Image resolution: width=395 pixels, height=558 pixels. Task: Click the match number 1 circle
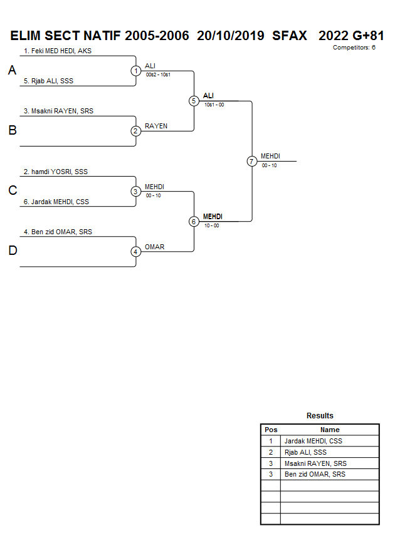(x=135, y=71)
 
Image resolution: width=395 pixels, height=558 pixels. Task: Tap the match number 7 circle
(x=251, y=161)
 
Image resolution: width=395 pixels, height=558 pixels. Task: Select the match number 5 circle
(x=194, y=101)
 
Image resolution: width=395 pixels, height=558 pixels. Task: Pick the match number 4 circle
(x=135, y=252)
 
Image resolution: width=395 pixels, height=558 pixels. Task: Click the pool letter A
(x=12, y=71)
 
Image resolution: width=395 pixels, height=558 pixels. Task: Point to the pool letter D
(x=12, y=251)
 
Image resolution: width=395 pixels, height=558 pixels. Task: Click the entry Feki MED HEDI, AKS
(x=57, y=51)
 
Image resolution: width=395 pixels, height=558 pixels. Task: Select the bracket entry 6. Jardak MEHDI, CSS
(x=56, y=202)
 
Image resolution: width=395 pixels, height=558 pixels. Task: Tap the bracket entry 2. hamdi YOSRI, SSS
(x=55, y=172)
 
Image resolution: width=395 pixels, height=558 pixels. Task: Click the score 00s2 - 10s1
(x=158, y=75)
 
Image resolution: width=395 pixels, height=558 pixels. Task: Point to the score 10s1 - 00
(x=214, y=105)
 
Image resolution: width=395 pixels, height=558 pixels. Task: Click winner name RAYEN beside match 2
(x=156, y=126)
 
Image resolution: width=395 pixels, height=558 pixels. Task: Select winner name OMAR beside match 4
(x=154, y=247)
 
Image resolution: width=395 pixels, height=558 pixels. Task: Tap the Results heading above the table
(x=320, y=416)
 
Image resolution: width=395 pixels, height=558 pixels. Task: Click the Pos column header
(x=271, y=430)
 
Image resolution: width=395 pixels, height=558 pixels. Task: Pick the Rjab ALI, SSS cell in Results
(x=305, y=452)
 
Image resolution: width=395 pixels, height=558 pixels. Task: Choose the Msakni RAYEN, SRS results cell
(x=315, y=463)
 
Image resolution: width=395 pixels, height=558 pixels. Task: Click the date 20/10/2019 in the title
(x=230, y=36)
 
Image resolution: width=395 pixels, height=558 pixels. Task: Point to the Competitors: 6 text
(x=354, y=48)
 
